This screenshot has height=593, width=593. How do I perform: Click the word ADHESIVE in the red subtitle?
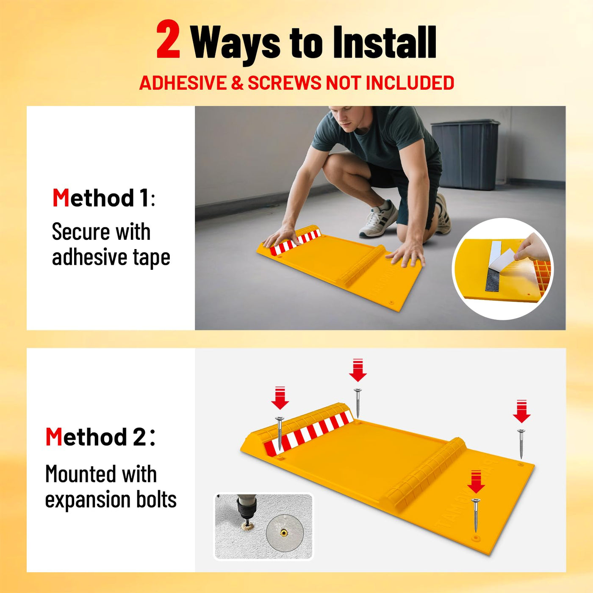pyautogui.click(x=183, y=83)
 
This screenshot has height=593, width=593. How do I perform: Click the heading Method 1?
pyautogui.click(x=104, y=198)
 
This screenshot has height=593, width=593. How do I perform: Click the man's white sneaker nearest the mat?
pyautogui.click(x=379, y=219)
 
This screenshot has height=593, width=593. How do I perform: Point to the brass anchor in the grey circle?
pyautogui.click(x=283, y=532)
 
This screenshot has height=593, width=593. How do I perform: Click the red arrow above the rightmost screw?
pyautogui.click(x=521, y=411)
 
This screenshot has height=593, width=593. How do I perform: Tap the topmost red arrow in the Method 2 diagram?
pyautogui.click(x=357, y=370)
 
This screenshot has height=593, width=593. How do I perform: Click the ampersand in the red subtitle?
pyautogui.click(x=237, y=83)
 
